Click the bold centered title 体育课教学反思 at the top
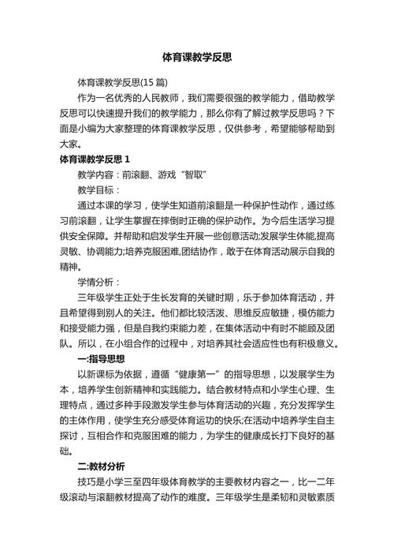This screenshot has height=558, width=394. coord(197,58)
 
